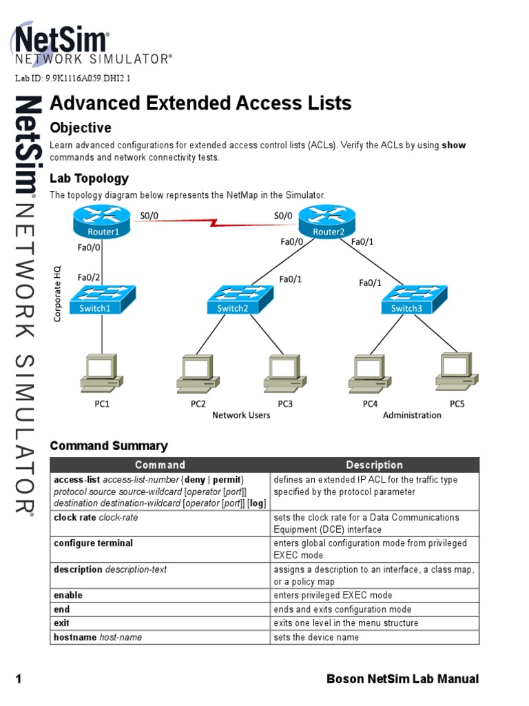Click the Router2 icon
point(329,223)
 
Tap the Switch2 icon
point(239,299)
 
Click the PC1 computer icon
point(101,373)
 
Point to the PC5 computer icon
point(457,372)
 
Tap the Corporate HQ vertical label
point(58,293)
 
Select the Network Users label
point(241,415)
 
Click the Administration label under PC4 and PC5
point(412,415)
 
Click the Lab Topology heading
point(89,179)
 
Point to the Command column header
point(160,465)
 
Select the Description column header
point(374,465)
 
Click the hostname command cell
point(98,637)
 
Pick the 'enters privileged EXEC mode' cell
point(333,595)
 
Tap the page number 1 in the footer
point(19,679)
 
